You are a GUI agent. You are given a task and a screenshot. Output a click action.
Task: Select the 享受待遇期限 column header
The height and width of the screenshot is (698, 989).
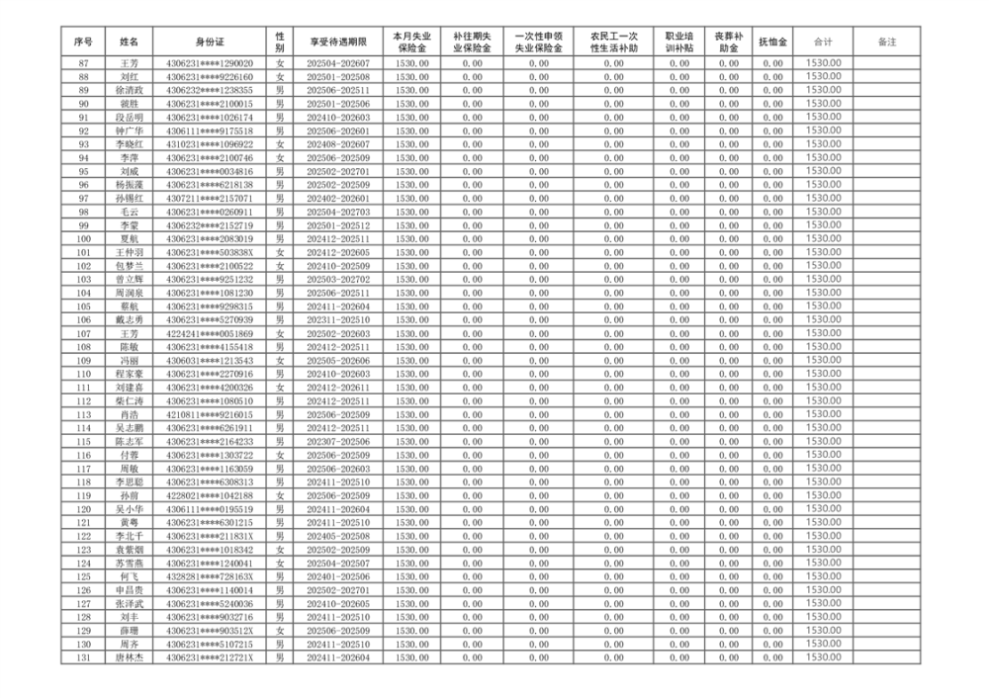(x=337, y=42)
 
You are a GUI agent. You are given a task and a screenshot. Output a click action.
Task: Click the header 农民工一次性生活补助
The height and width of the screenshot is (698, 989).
(x=613, y=42)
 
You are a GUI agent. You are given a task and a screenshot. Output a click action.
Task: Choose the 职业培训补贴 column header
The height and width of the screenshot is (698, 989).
(x=678, y=42)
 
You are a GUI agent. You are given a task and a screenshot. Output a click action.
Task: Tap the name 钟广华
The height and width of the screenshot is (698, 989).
(x=130, y=131)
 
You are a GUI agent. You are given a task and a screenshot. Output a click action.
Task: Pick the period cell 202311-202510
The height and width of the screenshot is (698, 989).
(x=337, y=320)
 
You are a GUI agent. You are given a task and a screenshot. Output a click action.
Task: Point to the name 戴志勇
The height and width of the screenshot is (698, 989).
(x=130, y=320)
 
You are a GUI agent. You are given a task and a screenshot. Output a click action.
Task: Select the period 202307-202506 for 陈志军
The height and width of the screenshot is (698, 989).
(x=337, y=442)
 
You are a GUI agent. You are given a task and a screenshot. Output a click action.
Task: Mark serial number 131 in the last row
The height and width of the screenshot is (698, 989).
(x=83, y=658)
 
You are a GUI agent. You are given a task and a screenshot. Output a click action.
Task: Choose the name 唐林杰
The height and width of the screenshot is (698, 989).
(x=130, y=658)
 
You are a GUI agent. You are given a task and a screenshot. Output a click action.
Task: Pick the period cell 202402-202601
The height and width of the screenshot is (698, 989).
(x=337, y=199)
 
